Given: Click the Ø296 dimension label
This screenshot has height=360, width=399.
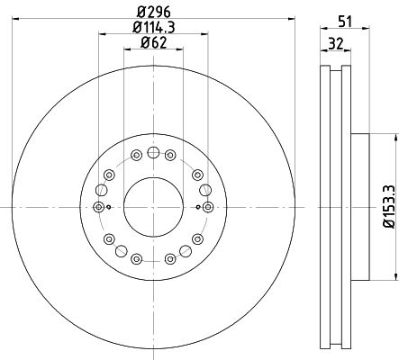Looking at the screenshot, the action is (x=154, y=13).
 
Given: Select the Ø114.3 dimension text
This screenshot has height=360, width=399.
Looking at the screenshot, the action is (x=154, y=28).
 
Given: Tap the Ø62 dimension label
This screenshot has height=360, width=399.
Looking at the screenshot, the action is (x=154, y=43).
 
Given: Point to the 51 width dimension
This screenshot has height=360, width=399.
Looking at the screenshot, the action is (x=345, y=22).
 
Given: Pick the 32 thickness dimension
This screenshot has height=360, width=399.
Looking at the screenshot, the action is (x=335, y=44).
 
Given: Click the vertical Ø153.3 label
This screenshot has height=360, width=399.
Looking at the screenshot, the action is (x=391, y=207).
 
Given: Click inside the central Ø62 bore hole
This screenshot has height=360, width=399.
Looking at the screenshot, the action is (x=153, y=207).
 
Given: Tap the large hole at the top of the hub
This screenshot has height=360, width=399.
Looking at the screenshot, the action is (x=153, y=152).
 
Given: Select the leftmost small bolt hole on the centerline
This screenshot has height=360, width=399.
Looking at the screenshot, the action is (x=98, y=207).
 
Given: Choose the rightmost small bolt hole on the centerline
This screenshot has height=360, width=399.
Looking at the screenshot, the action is (x=208, y=207).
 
